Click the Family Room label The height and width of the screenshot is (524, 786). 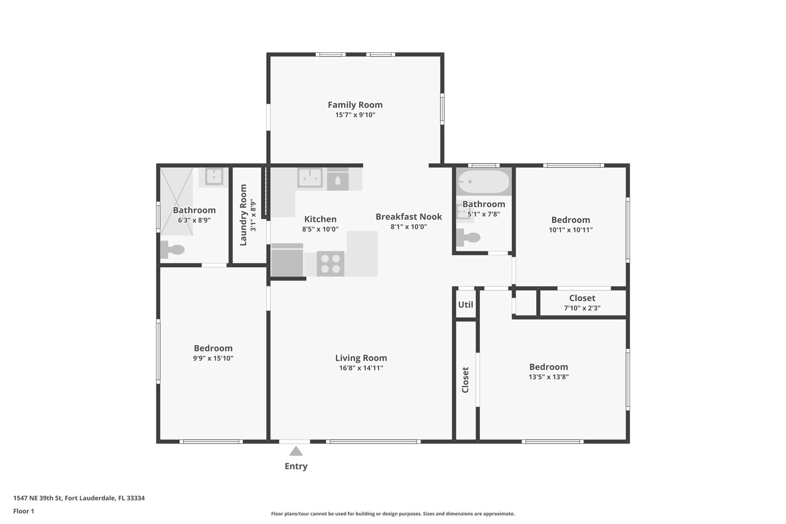point(355,105)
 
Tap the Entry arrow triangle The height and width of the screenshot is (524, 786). point(296,451)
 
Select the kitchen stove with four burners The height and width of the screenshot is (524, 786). point(330,263)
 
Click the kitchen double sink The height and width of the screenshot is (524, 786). point(310,178)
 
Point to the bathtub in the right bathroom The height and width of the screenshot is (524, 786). point(484,182)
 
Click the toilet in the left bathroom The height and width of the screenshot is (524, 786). point(172,250)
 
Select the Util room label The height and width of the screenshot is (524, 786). point(466,305)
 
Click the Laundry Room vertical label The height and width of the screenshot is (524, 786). point(243,215)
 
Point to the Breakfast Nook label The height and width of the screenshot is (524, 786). point(409,217)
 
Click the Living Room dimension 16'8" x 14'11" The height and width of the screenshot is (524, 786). point(361,368)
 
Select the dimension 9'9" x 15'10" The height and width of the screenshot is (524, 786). point(213,358)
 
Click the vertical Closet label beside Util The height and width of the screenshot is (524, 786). point(465,380)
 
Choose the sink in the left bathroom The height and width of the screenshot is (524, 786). point(214,177)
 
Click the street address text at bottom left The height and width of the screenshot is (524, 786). point(79,498)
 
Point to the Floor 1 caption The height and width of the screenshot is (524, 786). point(24,511)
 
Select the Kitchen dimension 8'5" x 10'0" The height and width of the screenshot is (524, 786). point(320,229)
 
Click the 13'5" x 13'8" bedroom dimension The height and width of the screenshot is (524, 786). point(548,377)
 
